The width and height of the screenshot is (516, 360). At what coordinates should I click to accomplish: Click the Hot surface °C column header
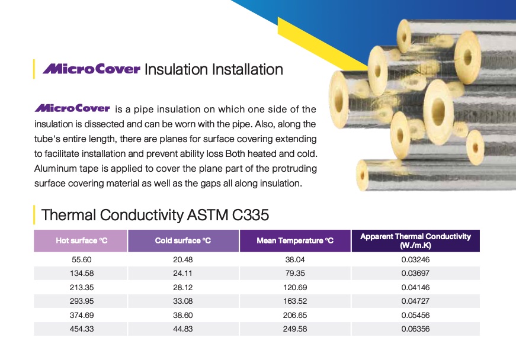click(81, 240)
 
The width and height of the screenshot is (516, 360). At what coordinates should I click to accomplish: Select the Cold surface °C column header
click(183, 240)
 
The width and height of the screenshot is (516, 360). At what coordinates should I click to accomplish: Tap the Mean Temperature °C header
click(295, 240)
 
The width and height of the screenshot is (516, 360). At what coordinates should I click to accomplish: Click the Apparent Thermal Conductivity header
click(416, 240)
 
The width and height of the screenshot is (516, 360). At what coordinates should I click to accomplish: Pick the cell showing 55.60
click(82, 260)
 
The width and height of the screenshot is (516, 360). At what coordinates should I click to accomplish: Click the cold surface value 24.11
click(182, 273)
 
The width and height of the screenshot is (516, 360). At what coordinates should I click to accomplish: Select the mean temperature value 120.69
click(295, 287)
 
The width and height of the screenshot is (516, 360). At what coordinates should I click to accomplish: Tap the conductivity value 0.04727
click(415, 301)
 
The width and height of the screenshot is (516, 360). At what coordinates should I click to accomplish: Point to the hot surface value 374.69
click(82, 315)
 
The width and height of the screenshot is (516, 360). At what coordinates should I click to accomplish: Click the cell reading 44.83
click(182, 329)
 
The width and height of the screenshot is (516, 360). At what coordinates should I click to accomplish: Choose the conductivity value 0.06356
click(415, 329)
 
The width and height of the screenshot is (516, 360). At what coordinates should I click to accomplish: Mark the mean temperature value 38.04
click(295, 260)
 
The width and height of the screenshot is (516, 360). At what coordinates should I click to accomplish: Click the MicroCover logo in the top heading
click(91, 69)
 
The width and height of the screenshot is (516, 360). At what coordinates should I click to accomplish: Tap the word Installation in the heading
click(247, 69)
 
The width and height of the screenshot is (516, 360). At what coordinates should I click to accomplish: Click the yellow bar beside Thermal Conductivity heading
click(34, 215)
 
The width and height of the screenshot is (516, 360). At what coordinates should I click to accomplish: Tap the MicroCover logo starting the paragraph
click(72, 108)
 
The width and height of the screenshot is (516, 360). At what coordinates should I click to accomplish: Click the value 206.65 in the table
click(295, 315)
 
